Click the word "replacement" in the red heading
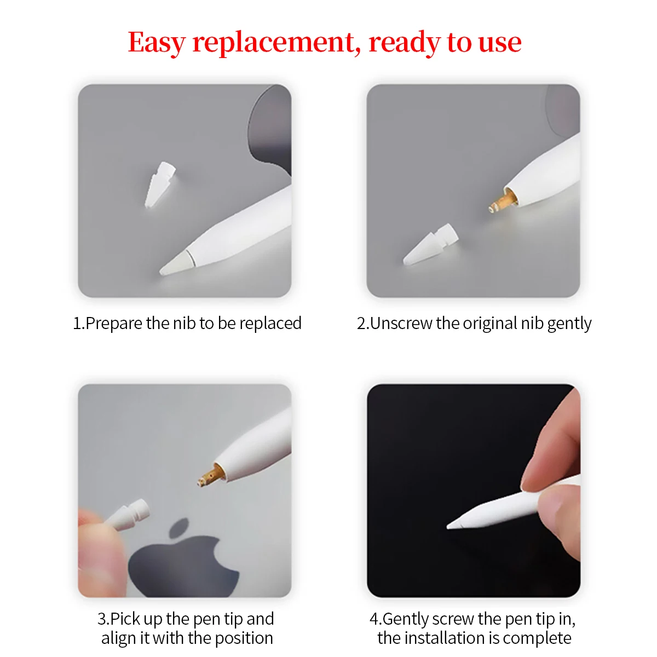[x=276, y=43]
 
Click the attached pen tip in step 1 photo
[x=174, y=265]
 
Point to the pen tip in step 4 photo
[x=457, y=522]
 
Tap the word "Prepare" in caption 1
[x=114, y=324]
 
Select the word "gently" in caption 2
[x=569, y=324]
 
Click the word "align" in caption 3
[x=118, y=638]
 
